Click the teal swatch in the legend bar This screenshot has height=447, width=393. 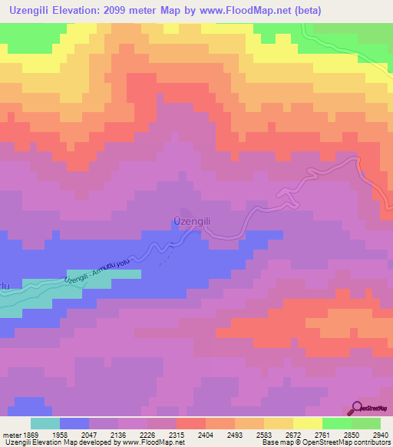click(x=45, y=423)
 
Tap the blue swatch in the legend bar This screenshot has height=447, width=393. click(x=74, y=423)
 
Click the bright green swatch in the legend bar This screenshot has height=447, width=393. click(x=337, y=423)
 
